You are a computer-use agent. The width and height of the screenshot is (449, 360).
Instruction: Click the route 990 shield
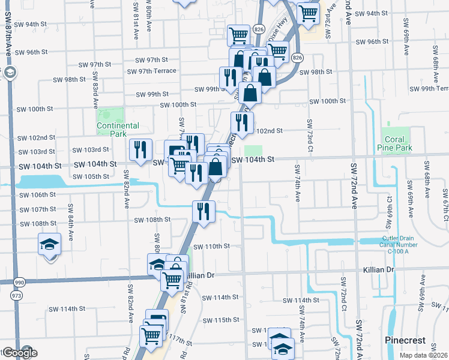coord(19,282)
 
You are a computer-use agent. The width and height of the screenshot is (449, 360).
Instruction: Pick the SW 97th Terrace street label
coord(152,71)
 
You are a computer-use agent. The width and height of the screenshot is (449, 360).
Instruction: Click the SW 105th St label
coord(91,176)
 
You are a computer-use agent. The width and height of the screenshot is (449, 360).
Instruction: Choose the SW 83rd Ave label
coord(95,86)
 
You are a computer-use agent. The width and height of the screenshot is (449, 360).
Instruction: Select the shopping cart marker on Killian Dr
coord(172,279)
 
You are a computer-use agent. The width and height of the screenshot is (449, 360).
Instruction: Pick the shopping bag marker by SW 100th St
coord(250,92)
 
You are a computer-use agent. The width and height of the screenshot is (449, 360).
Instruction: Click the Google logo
coord(20,353)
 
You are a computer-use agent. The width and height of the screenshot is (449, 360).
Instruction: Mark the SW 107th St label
coord(37,209)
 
